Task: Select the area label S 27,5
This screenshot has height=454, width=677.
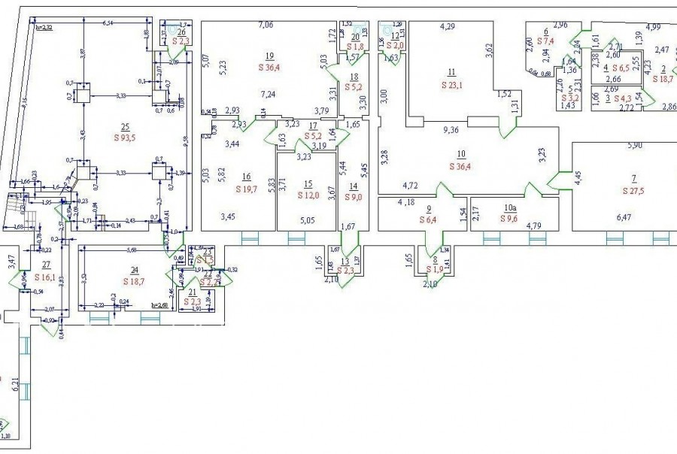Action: click(x=635, y=190)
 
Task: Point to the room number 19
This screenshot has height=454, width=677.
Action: click(x=269, y=56)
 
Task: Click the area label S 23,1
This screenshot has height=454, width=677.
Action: click(x=452, y=84)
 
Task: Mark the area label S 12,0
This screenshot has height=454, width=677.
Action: click(x=307, y=194)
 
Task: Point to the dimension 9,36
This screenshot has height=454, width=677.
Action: click(x=451, y=129)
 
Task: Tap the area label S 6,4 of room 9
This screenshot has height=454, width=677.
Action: click(x=428, y=219)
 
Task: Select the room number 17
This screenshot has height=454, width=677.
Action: click(x=307, y=126)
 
